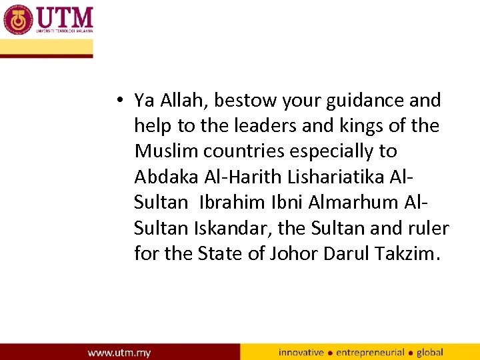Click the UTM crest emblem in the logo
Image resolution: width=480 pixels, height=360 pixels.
(18, 19)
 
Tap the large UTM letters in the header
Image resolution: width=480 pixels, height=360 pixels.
(65, 16)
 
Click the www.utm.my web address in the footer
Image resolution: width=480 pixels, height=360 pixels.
(119, 352)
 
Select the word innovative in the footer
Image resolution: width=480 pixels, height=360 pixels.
(301, 352)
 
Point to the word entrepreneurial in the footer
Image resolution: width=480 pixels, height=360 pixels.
(370, 352)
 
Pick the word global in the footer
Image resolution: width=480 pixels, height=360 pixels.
(430, 352)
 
